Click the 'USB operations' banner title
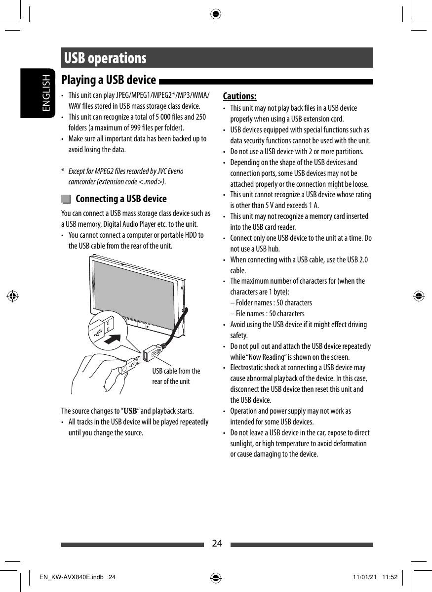click(105, 58)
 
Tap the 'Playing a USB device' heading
click(108, 80)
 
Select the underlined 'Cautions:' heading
click(239, 96)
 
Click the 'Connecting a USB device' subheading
click(121, 199)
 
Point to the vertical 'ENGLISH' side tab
click(46, 93)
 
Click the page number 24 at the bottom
click(217, 544)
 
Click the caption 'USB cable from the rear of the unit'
click(176, 376)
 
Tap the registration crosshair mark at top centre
click(216, 14)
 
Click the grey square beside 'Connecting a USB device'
click(66, 199)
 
